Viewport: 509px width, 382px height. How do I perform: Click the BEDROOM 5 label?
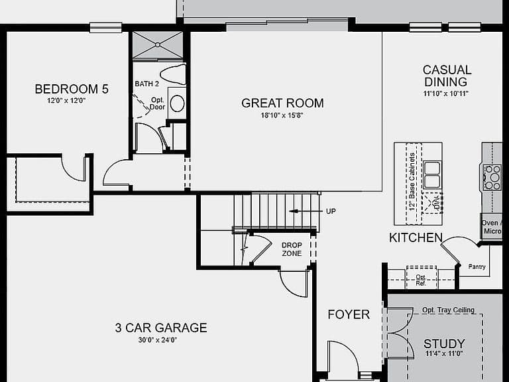72,89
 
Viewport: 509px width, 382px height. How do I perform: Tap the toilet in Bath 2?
174,74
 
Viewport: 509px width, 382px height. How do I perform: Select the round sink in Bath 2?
177,103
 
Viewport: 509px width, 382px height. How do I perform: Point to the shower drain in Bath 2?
158,44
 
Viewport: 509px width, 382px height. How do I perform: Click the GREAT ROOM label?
282,103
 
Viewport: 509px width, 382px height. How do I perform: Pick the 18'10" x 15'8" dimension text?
282,115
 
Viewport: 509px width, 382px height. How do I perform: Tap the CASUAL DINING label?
447,76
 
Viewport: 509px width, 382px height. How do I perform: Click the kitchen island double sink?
432,175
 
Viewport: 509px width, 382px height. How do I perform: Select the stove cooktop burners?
492,177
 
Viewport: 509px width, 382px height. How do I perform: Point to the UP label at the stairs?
331,211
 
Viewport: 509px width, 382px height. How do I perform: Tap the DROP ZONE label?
292,249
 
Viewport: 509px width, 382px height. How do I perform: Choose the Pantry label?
477,267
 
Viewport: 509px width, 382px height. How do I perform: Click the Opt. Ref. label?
421,281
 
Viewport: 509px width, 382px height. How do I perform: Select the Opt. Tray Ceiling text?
448,310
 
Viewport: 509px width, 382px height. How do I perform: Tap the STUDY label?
444,344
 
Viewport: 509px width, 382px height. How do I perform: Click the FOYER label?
349,314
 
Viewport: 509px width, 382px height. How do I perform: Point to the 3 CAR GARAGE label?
161,328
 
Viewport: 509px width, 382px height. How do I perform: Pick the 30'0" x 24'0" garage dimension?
158,340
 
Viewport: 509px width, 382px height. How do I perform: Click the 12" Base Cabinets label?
412,182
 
